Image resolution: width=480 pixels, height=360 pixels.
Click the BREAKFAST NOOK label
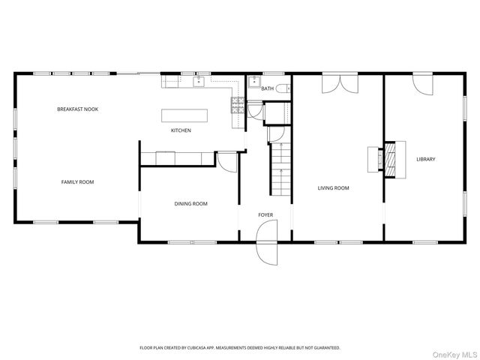tap(78, 109)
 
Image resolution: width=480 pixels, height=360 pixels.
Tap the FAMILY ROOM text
tap(77, 181)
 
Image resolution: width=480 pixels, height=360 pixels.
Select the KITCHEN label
tap(181, 130)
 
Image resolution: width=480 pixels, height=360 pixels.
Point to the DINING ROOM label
tap(190, 203)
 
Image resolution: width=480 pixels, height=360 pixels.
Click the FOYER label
tap(265, 215)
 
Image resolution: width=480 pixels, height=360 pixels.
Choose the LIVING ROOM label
tap(333, 188)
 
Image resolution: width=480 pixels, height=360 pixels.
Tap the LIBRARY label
tap(426, 159)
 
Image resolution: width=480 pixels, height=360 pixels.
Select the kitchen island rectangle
tap(184, 115)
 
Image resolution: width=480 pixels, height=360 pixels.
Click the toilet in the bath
tap(282, 89)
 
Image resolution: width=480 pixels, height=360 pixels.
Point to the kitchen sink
tap(200, 82)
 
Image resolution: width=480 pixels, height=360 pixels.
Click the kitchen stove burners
tap(237, 104)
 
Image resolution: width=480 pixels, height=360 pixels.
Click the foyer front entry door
tap(267, 249)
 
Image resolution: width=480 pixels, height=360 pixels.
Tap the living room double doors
tap(338, 84)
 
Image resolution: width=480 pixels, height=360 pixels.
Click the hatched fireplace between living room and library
tap(388, 159)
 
